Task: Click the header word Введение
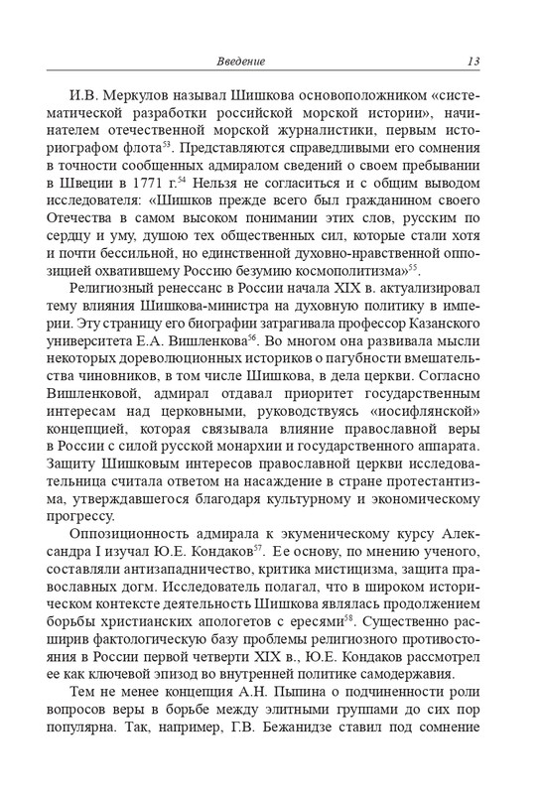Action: (x=240, y=63)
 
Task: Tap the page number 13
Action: (x=473, y=63)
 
